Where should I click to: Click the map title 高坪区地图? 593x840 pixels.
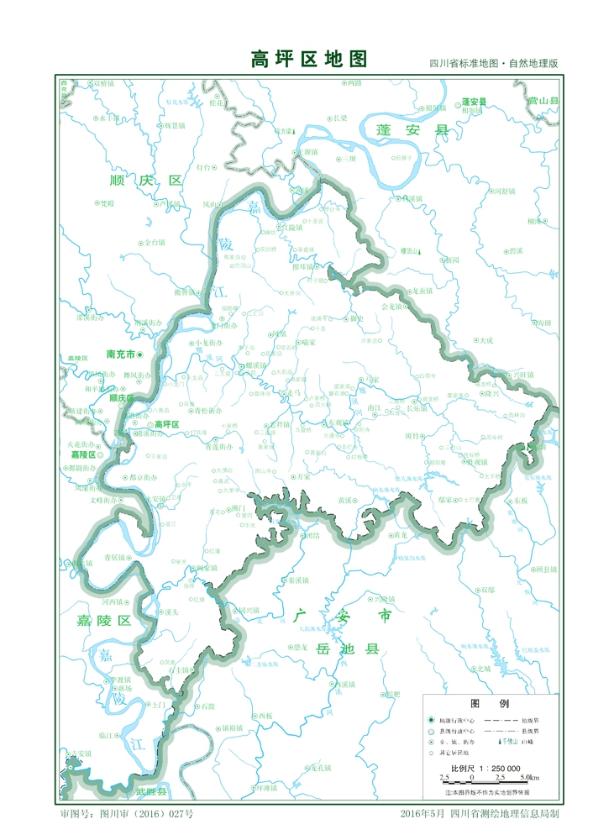tap(309, 60)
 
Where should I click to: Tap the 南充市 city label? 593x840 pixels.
tap(122, 354)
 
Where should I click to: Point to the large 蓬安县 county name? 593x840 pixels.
tap(412, 131)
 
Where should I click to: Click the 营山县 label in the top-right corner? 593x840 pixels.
tap(543, 101)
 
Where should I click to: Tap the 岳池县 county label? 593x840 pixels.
tap(348, 649)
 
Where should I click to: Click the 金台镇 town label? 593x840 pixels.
tap(155, 242)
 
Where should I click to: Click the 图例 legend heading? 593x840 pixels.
tap(489, 704)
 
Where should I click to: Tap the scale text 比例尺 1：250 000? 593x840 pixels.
tap(485, 769)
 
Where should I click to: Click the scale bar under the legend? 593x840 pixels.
tap(488, 781)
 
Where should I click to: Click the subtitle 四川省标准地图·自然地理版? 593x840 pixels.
tap(494, 64)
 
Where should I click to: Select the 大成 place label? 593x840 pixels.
tap(485, 340)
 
